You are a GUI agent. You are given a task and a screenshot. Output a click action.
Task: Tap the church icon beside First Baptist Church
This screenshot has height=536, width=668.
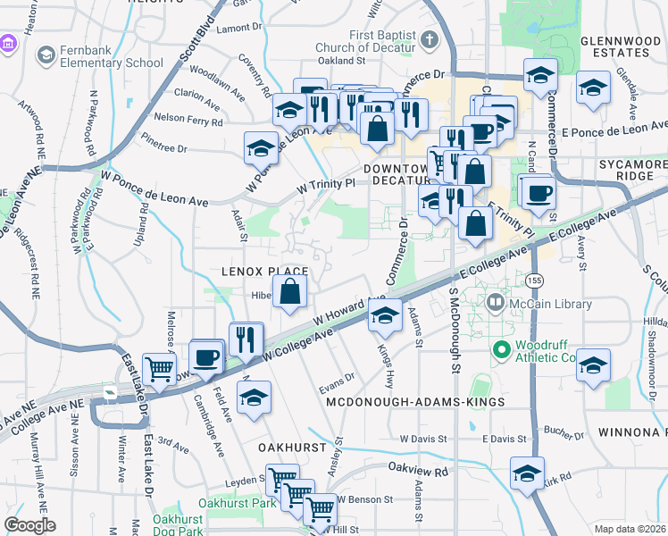pos(430,40)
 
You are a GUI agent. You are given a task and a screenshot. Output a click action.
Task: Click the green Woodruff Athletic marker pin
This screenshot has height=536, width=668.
pos(501,349)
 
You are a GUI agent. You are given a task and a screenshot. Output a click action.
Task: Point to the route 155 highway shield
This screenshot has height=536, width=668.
pos(534,281)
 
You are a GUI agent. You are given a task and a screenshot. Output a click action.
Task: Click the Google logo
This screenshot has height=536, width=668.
pos(29,524)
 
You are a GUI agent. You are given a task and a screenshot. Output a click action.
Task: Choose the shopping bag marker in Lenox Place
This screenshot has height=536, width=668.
pos(290,291)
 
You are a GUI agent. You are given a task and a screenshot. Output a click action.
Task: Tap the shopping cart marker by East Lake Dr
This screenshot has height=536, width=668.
pos(159,367)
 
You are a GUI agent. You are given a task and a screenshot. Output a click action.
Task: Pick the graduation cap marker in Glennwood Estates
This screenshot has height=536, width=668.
pos(592,88)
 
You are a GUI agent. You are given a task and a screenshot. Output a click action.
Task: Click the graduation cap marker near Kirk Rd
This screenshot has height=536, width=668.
pos(527,473)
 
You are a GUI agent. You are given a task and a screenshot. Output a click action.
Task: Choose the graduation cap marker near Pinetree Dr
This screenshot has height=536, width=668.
pos(261,147)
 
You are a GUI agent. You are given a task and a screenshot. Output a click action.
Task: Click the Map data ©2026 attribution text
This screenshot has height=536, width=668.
pos(630,529)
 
